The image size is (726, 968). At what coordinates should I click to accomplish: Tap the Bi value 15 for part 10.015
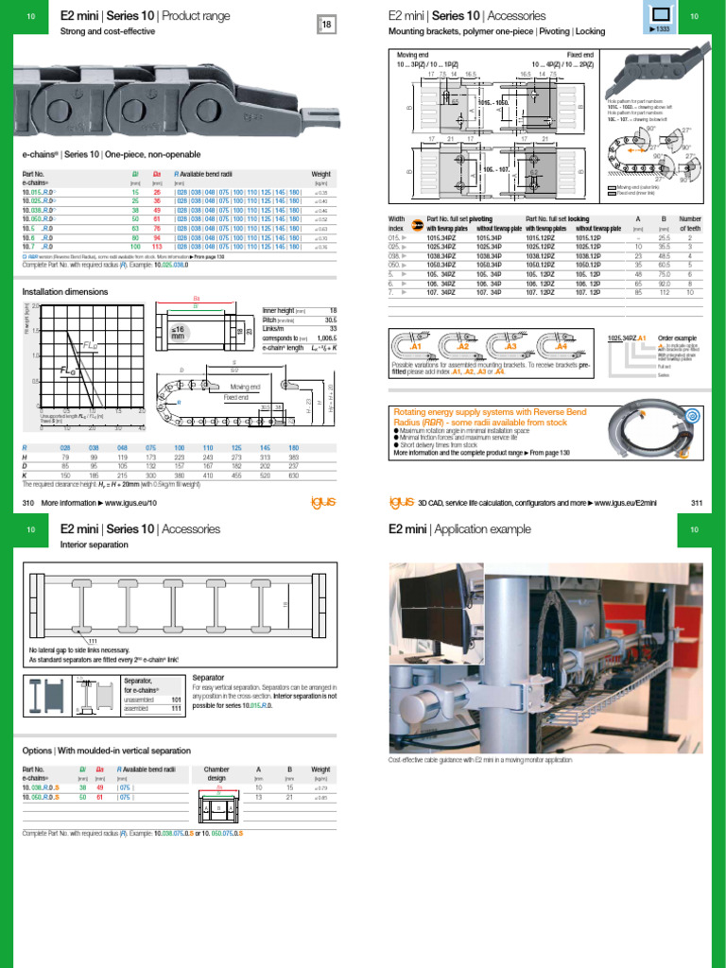pos(134,192)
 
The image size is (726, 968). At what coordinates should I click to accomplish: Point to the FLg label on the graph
pos(91,345)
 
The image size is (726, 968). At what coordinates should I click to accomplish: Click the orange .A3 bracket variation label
pos(514,346)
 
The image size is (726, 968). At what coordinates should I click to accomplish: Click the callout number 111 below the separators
pos(93,642)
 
